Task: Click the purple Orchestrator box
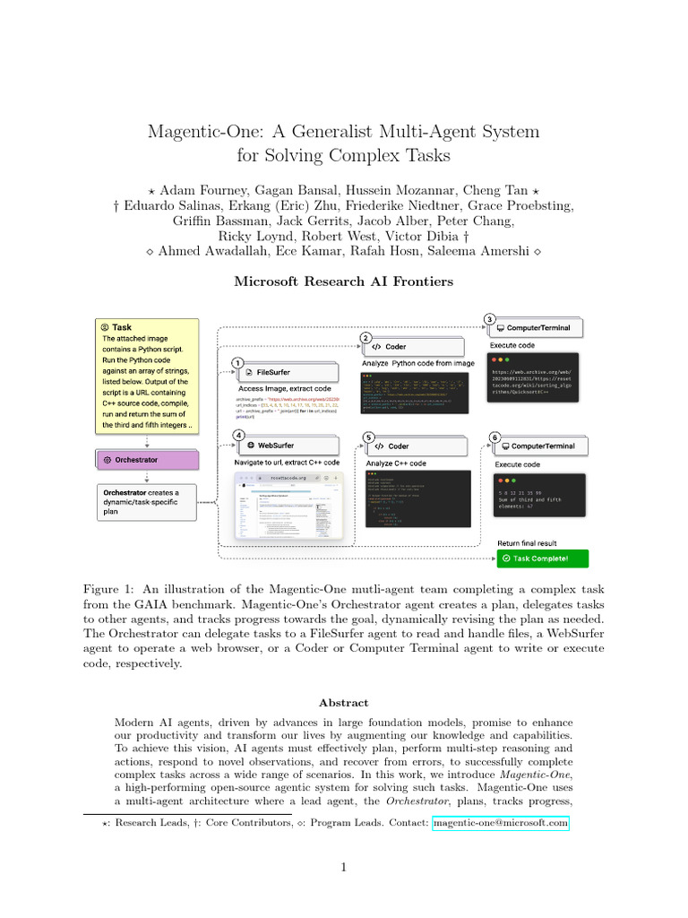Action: click(149, 459)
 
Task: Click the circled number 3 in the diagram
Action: click(489, 319)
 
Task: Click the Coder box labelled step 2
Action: click(413, 347)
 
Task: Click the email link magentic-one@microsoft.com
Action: click(500, 822)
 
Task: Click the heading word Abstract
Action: click(344, 704)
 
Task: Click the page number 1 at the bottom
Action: click(344, 867)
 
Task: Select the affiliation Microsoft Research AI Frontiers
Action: click(344, 281)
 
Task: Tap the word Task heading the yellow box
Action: click(122, 328)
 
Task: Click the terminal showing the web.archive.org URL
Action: click(537, 386)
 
